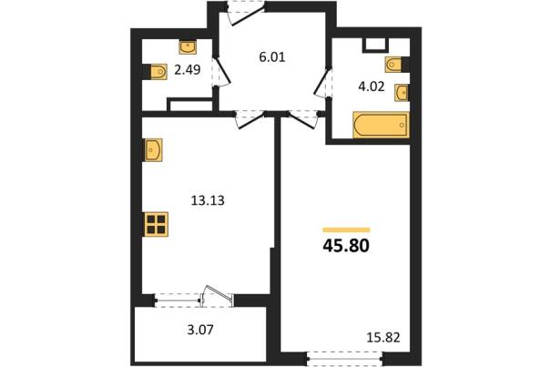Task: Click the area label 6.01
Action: [271, 57]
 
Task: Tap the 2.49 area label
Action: [188, 70]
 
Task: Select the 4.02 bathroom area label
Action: [371, 87]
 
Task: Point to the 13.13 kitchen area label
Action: [208, 200]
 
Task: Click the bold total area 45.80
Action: [346, 247]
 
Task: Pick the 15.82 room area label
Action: [383, 338]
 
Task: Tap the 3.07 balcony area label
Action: [200, 330]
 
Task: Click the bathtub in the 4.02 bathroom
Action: [381, 125]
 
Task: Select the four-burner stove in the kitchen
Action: [156, 224]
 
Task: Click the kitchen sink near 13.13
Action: [153, 149]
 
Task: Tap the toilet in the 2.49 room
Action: [158, 72]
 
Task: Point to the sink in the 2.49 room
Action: [188, 47]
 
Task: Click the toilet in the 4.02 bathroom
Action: [394, 65]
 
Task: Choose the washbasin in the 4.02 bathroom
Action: [402, 93]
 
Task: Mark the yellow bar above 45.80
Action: [346, 229]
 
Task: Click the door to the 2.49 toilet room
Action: [221, 72]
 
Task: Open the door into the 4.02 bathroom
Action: [322, 82]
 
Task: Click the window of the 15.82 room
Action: [344, 359]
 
